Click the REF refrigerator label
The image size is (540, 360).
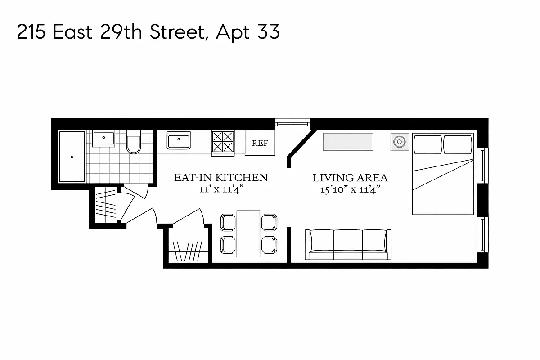[x=260, y=143]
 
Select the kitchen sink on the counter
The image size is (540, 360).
[x=179, y=140]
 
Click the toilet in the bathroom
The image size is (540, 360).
[x=134, y=143]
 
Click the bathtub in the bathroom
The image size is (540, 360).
[x=72, y=157]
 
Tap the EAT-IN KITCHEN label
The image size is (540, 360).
[x=220, y=178]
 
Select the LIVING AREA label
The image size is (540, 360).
[x=350, y=178]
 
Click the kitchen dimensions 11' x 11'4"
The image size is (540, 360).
[x=220, y=189]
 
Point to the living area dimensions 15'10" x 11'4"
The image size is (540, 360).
[x=350, y=190]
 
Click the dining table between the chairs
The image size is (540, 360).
[x=248, y=233]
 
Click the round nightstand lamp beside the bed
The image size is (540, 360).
[x=399, y=142]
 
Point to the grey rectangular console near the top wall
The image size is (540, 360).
[x=348, y=142]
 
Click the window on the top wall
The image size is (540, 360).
[x=292, y=123]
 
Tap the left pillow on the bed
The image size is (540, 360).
[x=427, y=144]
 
